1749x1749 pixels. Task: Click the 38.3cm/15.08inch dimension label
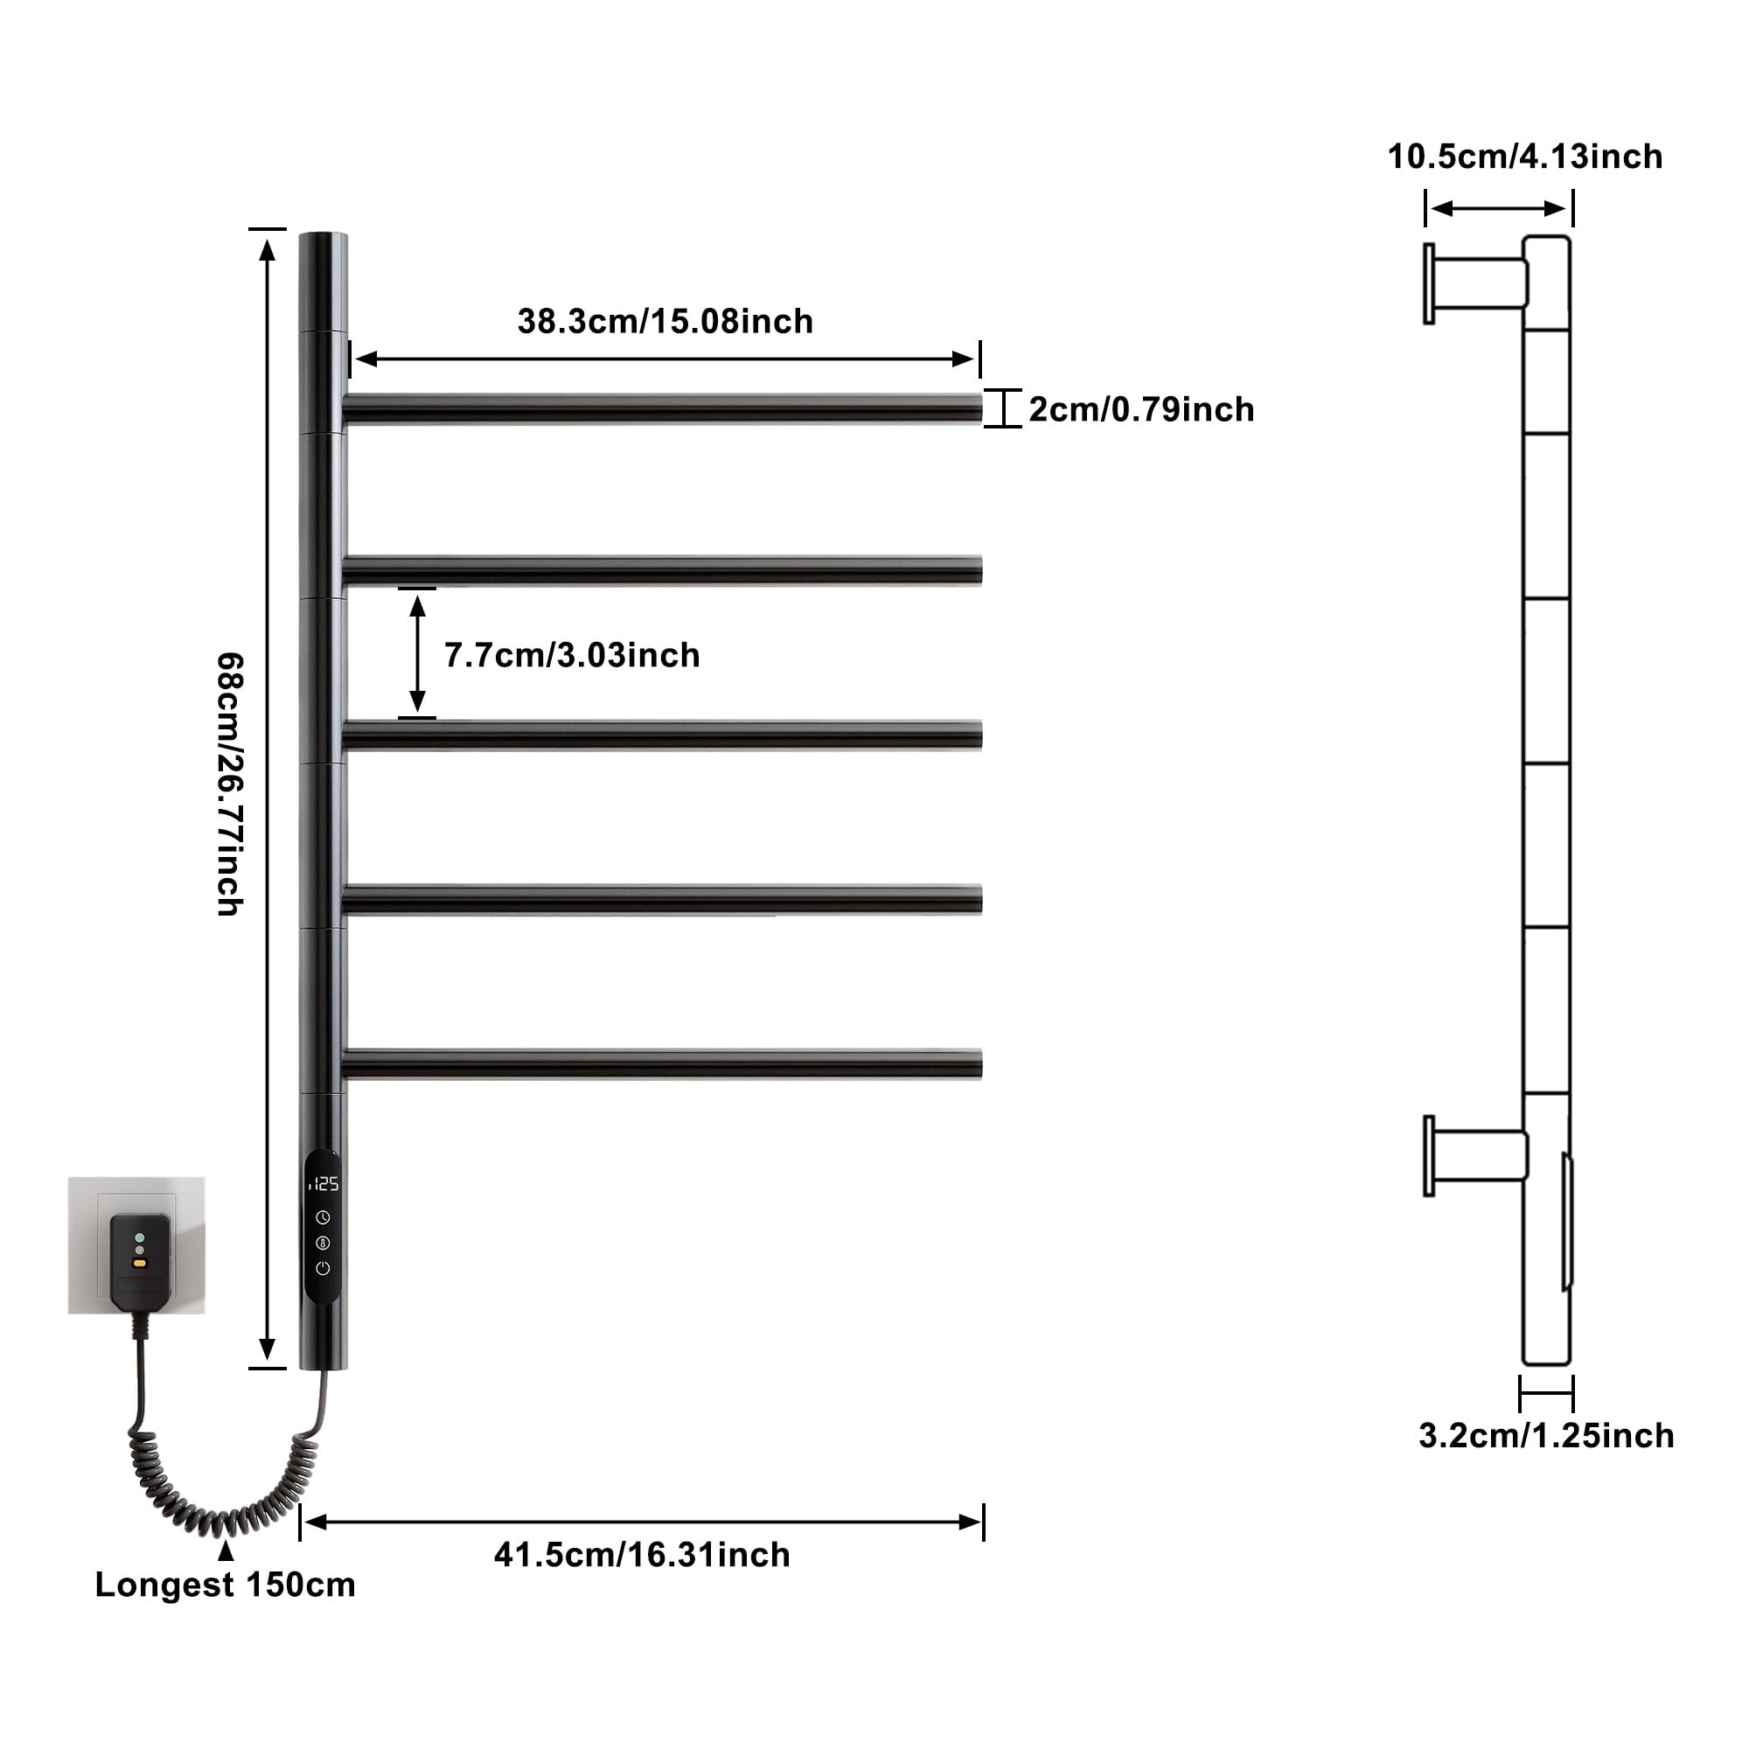pyautogui.click(x=665, y=321)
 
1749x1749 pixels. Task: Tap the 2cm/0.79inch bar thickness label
pyautogui.click(x=1141, y=409)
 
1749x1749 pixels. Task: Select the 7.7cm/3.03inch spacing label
pyautogui.click(x=572, y=654)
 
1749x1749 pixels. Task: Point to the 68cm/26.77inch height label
pyautogui.click(x=230, y=785)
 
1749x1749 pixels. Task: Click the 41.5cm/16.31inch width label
pyautogui.click(x=642, y=1554)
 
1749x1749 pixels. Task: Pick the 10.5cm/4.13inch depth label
pyautogui.click(x=1525, y=157)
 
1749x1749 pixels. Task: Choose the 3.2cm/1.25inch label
pyautogui.click(x=1546, y=1436)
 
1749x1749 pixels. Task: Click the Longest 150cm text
pyautogui.click(x=226, y=1585)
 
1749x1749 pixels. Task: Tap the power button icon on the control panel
pyautogui.click(x=324, y=1268)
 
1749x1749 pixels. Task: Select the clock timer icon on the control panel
pyautogui.click(x=324, y=1217)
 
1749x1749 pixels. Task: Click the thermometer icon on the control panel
pyautogui.click(x=324, y=1243)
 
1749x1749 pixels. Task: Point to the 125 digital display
pyautogui.click(x=324, y=1184)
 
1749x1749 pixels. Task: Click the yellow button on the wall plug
pyautogui.click(x=138, y=1262)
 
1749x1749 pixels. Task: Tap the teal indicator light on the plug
pyautogui.click(x=138, y=1237)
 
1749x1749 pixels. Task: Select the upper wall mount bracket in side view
pyautogui.click(x=1475, y=282)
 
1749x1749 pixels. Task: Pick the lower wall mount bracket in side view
pyautogui.click(x=1475, y=1155)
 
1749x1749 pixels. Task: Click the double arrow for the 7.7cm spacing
pyautogui.click(x=417, y=653)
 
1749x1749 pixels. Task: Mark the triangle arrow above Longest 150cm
pyautogui.click(x=226, y=1550)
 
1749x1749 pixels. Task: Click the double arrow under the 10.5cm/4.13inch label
pyautogui.click(x=1498, y=209)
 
